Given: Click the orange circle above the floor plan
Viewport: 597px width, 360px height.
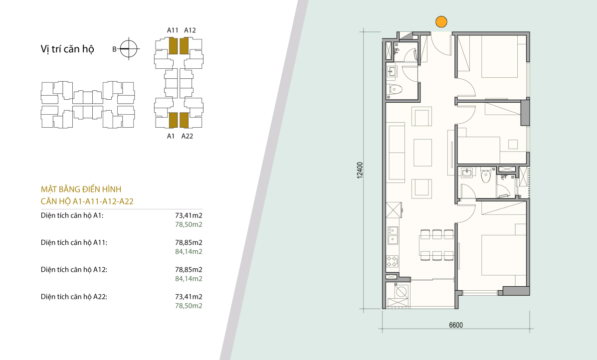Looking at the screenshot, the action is tap(441, 22).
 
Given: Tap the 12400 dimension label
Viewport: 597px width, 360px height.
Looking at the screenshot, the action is tap(360, 170).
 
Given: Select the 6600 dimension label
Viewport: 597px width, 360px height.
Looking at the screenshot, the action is tap(456, 325).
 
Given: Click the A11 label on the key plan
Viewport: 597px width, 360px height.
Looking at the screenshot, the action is tap(173, 30).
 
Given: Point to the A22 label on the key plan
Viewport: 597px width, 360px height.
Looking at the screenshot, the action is tap(187, 136).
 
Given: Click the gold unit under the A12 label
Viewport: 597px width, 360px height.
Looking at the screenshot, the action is tap(184, 46).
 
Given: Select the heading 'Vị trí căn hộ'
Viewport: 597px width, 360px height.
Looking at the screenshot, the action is tap(67, 49).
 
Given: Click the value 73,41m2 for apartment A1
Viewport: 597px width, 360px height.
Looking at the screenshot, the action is tap(189, 215).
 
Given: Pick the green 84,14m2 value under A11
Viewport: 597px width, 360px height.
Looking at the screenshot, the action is tap(189, 251).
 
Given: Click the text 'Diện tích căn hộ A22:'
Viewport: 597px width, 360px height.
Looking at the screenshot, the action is tap(74, 297).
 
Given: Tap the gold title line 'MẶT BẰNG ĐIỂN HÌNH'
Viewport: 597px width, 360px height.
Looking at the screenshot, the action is tap(81, 189).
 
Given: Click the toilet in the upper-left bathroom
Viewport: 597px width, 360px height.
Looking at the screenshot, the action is tap(394, 90).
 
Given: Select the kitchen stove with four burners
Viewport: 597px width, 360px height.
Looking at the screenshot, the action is tap(393, 260).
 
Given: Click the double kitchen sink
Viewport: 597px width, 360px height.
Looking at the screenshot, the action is tap(393, 235).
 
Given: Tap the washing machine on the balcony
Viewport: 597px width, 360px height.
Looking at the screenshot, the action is tap(401, 292).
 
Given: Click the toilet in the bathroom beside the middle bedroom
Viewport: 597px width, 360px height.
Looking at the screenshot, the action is tap(486, 175).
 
